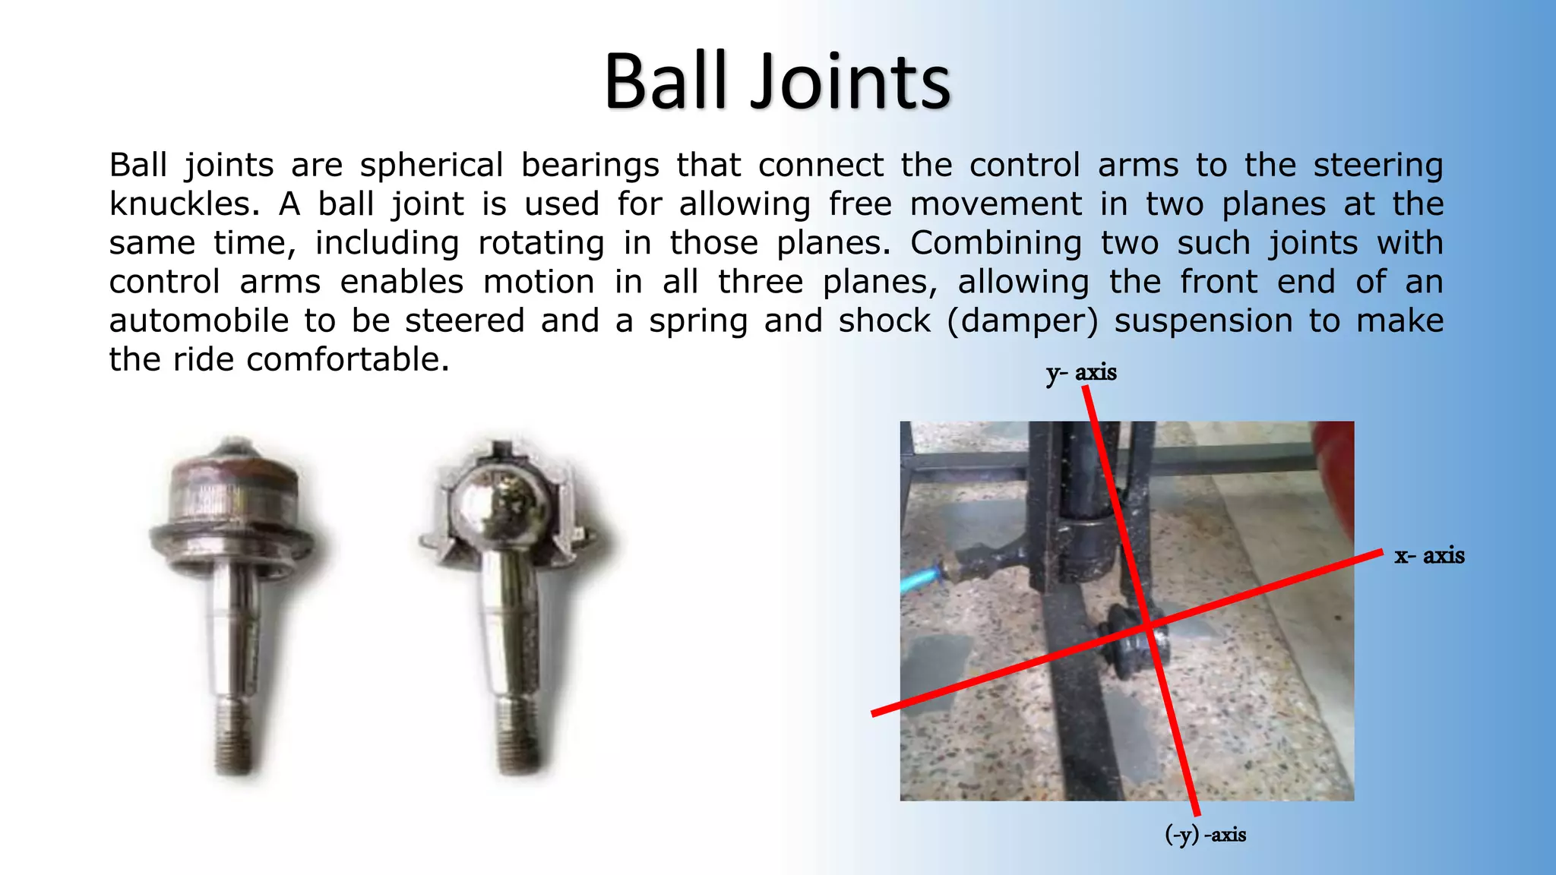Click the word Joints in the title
pyautogui.click(x=850, y=81)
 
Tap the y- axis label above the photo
pyautogui.click(x=1080, y=373)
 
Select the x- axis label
pyautogui.click(x=1429, y=555)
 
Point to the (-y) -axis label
pyautogui.click(x=1205, y=835)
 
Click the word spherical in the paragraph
pyautogui.click(x=431, y=165)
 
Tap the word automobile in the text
pyautogui.click(x=198, y=321)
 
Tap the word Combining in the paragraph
pyautogui.click(x=996, y=243)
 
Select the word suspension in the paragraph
pyautogui.click(x=1203, y=321)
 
